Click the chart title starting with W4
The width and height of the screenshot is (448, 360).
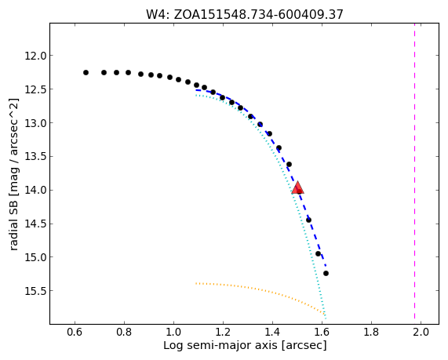pyautogui.click(x=245, y=14)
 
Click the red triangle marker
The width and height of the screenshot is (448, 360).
pyautogui.click(x=297, y=187)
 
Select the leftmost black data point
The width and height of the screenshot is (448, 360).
pyautogui.click(x=86, y=73)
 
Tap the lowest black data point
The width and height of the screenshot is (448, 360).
pyautogui.click(x=326, y=274)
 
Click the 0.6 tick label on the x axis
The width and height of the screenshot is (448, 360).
pyautogui.click(x=75, y=332)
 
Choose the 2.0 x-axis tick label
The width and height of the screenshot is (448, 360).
pyautogui.click(x=421, y=332)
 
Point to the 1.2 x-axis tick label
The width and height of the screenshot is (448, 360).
pyautogui.click(x=223, y=332)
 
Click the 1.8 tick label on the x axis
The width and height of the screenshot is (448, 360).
pyautogui.click(x=371, y=332)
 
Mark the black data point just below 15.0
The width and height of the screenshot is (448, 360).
pyautogui.click(x=318, y=253)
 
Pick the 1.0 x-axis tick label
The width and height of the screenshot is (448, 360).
pyautogui.click(x=173, y=332)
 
